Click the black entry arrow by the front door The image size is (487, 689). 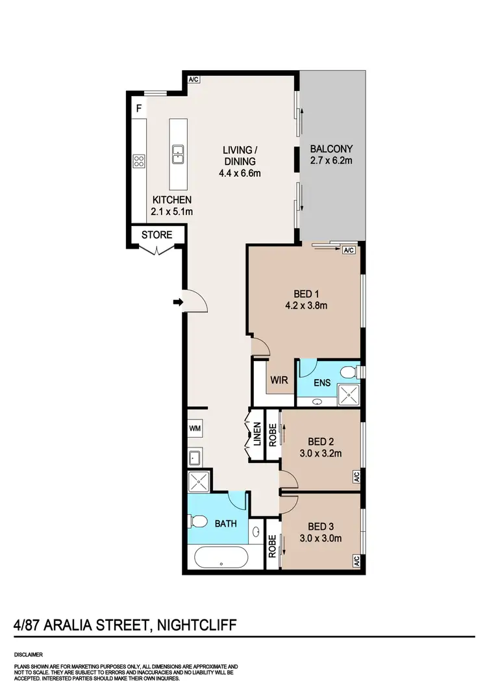(x=178, y=301)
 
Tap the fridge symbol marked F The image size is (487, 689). (x=138, y=109)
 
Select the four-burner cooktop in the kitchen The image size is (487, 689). (x=138, y=161)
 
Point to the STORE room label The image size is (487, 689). (x=156, y=234)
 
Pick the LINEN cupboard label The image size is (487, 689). (x=256, y=434)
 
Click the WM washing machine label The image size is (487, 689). (x=195, y=429)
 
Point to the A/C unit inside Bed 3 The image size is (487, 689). (x=356, y=560)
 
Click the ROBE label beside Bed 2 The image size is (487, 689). (x=273, y=434)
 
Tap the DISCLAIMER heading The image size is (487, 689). (x=29, y=655)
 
